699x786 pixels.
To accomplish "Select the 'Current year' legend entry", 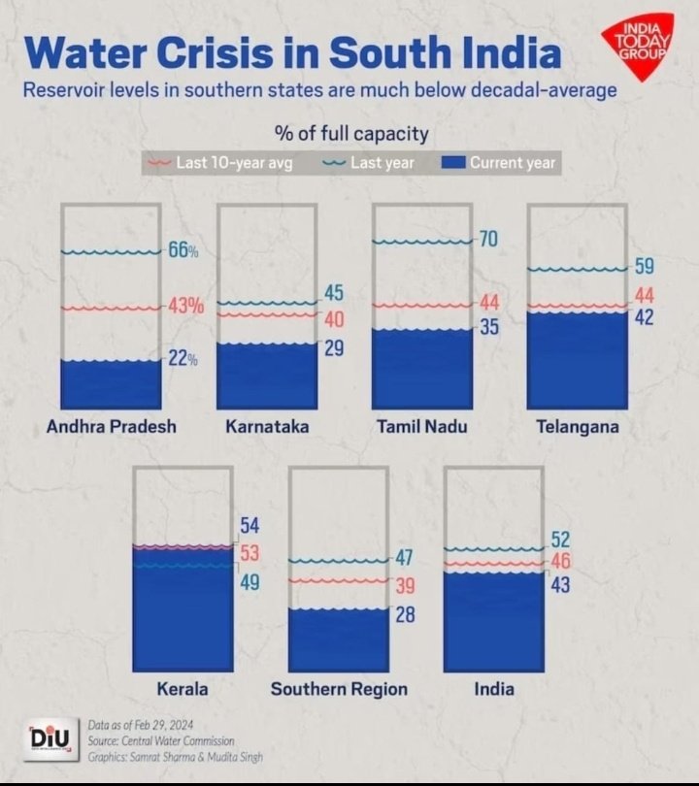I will pos(502,162).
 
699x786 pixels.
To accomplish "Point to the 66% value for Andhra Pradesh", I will pos(183,250).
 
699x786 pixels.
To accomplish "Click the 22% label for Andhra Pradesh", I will pos(183,358).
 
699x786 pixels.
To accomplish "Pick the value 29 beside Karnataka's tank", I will pos(334,347).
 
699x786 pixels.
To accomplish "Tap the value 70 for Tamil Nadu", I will pos(488,238).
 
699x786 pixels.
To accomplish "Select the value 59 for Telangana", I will pos(644,266).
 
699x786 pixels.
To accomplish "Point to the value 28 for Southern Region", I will pos(405,614).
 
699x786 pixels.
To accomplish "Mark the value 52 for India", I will pos(560,540).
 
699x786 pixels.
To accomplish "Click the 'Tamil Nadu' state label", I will pos(421,427).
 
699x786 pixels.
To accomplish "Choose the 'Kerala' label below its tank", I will pos(183,689).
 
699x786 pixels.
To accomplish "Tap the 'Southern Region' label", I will pos(339,689).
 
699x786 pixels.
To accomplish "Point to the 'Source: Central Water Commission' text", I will pos(160,740).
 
